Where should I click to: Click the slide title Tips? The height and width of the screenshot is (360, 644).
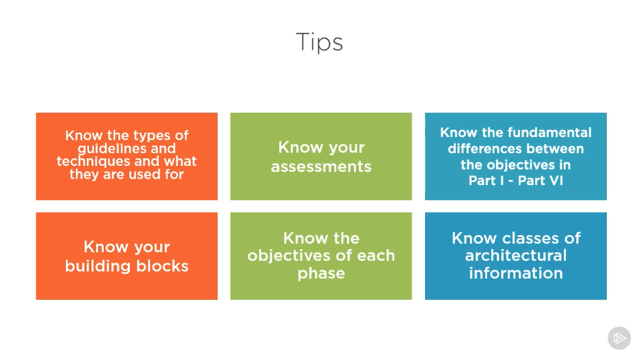pos(319,42)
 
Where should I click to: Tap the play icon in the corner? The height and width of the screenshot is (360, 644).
pos(620,338)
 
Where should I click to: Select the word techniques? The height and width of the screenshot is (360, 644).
pos(92,161)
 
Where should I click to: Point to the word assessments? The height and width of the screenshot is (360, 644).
pos(321,167)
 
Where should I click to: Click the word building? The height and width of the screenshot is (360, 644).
pos(98,266)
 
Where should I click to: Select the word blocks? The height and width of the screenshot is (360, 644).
pos(162,266)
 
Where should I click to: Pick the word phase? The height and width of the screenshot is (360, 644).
pos(321,274)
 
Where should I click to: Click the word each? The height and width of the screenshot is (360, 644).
pos(376,255)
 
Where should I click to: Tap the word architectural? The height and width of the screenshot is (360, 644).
pos(516,256)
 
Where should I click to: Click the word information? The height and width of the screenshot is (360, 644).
pos(516,274)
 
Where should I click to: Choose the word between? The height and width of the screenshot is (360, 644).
pos(549,149)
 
